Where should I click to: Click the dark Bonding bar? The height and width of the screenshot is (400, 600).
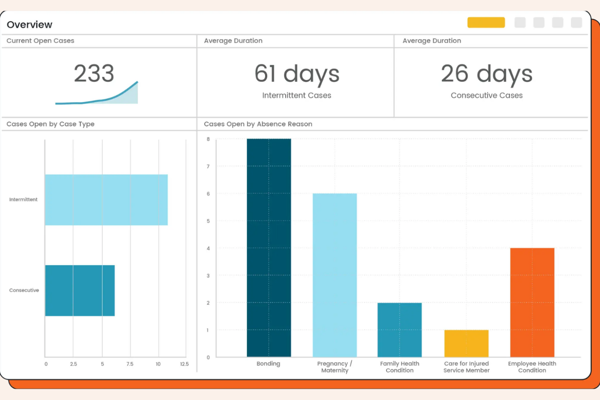click(x=269, y=248)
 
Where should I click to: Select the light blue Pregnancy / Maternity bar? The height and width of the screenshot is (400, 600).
click(x=335, y=275)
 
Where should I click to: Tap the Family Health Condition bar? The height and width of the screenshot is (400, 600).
click(x=400, y=330)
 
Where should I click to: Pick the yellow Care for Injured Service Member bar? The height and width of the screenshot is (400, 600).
click(x=466, y=343)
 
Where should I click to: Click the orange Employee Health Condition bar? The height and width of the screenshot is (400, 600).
click(x=532, y=302)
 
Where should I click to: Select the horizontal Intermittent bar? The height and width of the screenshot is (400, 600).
click(x=106, y=200)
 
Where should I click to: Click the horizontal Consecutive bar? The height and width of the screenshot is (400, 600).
click(x=80, y=291)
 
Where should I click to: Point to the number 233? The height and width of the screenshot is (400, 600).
click(x=94, y=73)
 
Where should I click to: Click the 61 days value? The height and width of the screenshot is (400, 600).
click(x=297, y=74)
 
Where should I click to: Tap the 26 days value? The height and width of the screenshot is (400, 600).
click(x=486, y=74)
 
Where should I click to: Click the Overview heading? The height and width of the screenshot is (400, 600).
click(x=30, y=25)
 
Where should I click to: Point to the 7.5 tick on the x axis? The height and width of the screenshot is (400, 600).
click(x=130, y=364)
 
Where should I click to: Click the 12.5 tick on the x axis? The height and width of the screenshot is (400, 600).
click(x=184, y=364)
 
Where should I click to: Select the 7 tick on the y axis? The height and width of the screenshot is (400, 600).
click(x=208, y=167)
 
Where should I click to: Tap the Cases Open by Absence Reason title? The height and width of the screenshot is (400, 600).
click(x=258, y=124)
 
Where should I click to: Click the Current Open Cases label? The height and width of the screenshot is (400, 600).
click(x=41, y=41)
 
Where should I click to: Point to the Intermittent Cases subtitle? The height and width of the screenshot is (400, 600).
click(x=297, y=96)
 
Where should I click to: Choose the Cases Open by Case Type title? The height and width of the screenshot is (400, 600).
click(x=51, y=124)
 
